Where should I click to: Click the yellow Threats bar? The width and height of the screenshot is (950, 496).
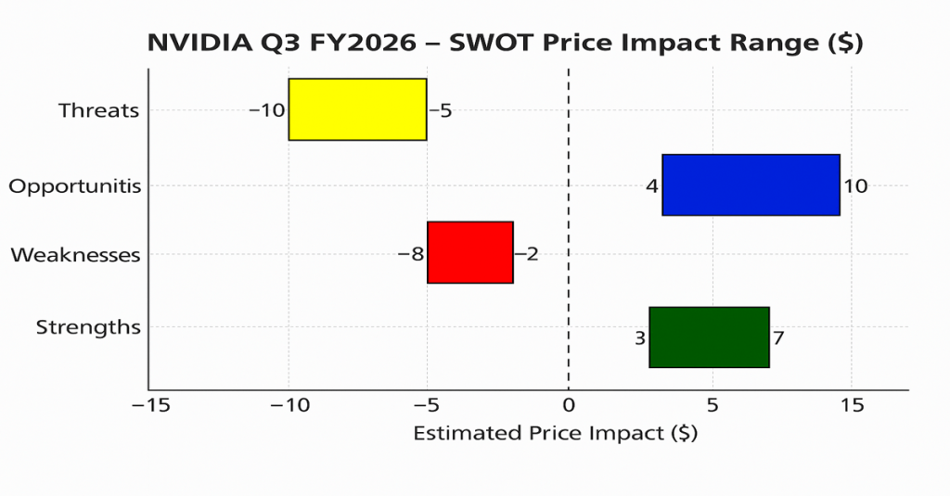click(x=357, y=109)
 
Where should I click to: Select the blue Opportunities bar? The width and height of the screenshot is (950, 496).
click(x=751, y=185)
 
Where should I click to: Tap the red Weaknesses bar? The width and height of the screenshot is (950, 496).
click(x=470, y=252)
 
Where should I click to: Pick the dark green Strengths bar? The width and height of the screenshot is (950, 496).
click(x=709, y=337)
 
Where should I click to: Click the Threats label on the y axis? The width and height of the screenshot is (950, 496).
click(x=98, y=110)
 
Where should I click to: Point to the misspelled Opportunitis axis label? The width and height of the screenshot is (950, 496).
click(x=75, y=186)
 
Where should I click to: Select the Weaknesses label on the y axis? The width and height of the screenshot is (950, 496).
click(x=75, y=255)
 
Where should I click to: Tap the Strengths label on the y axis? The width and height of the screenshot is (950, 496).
click(x=88, y=327)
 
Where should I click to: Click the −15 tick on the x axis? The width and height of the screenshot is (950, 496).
click(x=148, y=405)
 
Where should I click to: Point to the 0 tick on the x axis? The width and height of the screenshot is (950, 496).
click(x=568, y=405)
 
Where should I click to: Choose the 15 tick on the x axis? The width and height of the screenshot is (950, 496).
click(x=852, y=405)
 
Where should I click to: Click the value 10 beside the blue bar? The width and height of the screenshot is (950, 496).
click(x=855, y=186)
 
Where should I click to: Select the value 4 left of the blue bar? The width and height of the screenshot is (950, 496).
click(x=652, y=186)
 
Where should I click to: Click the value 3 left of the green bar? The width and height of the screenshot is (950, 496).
click(x=640, y=338)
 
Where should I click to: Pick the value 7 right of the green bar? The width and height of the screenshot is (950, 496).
click(x=778, y=338)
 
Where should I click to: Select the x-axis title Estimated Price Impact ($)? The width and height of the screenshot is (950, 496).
click(x=555, y=434)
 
